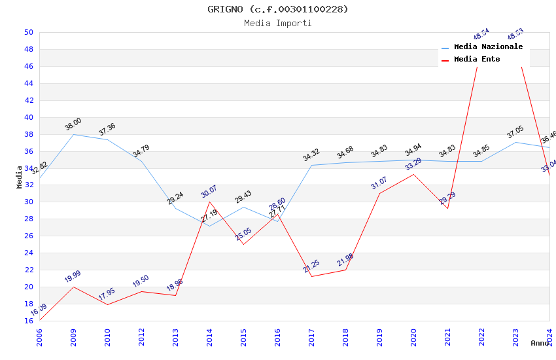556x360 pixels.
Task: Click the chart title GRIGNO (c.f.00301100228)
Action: [278, 9]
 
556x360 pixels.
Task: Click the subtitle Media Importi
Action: [278, 24]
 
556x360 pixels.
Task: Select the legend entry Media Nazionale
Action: [488, 47]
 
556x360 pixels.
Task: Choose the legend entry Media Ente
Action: [477, 60]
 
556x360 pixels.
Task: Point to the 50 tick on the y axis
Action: [29, 32]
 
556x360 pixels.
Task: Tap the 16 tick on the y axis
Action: [29, 321]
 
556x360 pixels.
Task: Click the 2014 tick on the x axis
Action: [209, 334]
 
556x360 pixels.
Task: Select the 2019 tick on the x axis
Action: [379, 334]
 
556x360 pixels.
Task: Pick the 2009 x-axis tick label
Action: [73, 334]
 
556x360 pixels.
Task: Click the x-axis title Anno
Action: [540, 343]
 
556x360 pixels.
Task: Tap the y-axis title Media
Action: [20, 177]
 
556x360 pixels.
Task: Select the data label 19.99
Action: [73, 277]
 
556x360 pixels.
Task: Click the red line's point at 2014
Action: [209, 202]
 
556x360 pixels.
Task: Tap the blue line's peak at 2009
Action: [73, 134]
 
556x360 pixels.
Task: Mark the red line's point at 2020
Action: [413, 174]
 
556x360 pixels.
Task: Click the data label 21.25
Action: [311, 266]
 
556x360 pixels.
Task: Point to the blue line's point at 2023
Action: [515, 142]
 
